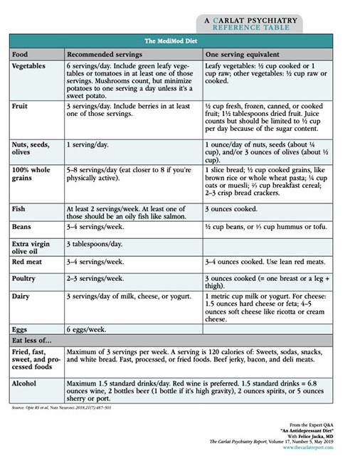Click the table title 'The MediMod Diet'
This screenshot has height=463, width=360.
click(x=179, y=41)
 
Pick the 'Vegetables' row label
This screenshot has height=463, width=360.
click(x=31, y=66)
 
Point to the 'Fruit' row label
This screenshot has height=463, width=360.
click(x=21, y=106)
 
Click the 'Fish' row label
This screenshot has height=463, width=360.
click(x=20, y=209)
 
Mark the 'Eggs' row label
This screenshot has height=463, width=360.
click(x=21, y=329)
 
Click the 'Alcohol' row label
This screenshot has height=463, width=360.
click(x=26, y=382)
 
